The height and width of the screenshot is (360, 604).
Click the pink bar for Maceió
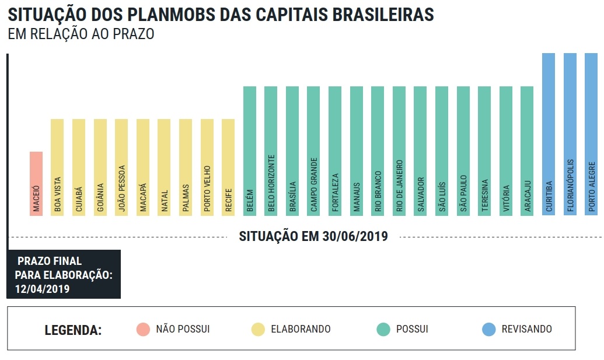point(36,183)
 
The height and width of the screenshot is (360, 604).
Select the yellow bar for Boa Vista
point(57,167)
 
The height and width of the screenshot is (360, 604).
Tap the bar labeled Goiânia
point(100,167)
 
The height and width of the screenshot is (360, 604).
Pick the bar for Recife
point(228,167)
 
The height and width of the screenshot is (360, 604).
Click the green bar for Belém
point(250,151)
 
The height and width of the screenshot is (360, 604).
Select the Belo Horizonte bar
point(271,151)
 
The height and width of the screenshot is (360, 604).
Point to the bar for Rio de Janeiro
point(399,151)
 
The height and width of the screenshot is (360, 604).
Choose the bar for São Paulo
point(463,151)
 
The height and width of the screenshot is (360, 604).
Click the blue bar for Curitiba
point(549,134)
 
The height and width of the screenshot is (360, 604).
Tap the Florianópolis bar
point(570,134)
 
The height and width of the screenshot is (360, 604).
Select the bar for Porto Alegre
point(591,134)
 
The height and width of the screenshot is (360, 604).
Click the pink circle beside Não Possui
point(142,329)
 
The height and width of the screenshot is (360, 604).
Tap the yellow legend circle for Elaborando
point(258,329)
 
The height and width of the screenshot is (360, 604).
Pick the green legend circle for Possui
point(383,329)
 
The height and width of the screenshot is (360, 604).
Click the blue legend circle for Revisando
point(489,329)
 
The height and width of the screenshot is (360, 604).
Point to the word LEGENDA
point(73,330)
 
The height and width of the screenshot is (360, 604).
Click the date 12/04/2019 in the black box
point(42,288)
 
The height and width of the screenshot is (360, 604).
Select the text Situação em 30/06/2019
point(314,236)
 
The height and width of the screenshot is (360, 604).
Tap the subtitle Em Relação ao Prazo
point(81,34)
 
